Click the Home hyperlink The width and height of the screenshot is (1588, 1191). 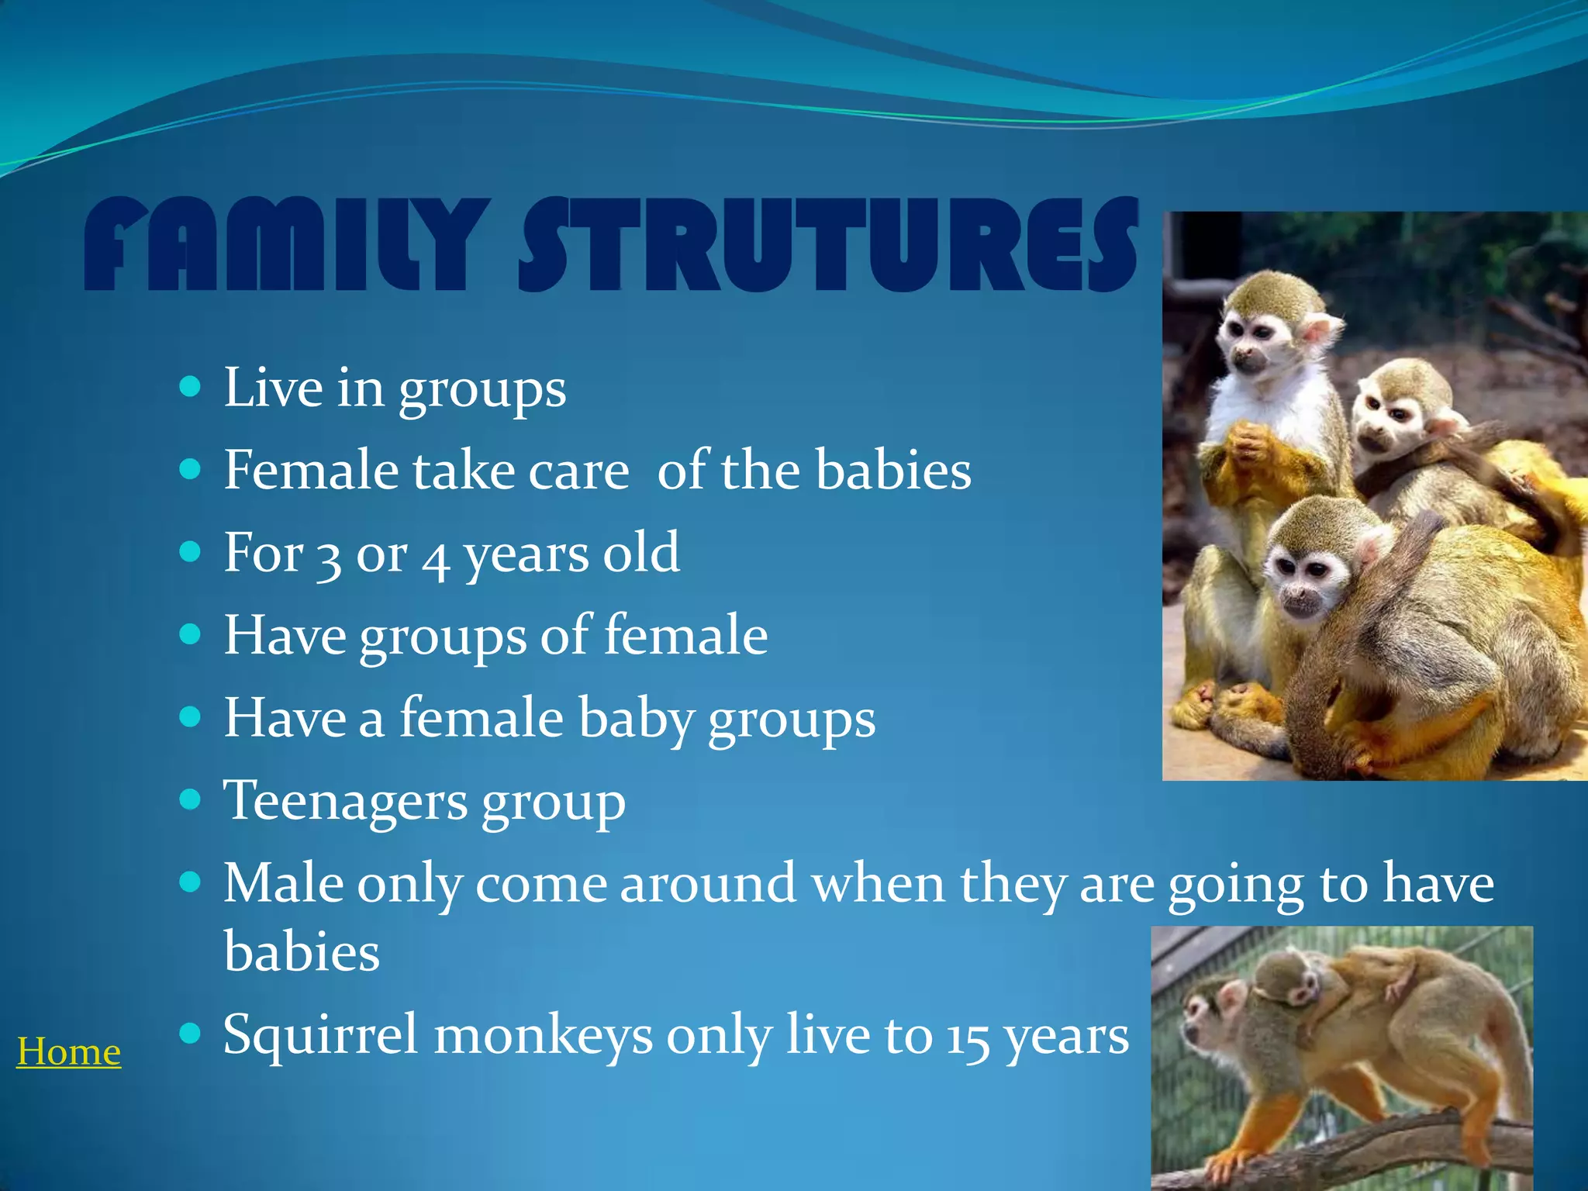point(68,1052)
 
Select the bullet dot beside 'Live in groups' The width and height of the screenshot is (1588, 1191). point(190,386)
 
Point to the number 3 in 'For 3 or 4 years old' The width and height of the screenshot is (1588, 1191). point(330,555)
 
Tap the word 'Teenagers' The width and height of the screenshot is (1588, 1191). point(345,801)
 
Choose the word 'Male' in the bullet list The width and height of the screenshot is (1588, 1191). point(282,883)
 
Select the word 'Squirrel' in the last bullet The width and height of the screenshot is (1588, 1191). point(320,1035)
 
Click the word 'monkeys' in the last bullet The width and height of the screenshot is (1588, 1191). point(543,1035)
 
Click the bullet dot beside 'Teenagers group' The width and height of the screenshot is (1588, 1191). point(190,799)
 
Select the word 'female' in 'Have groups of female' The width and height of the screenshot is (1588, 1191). point(685,636)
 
